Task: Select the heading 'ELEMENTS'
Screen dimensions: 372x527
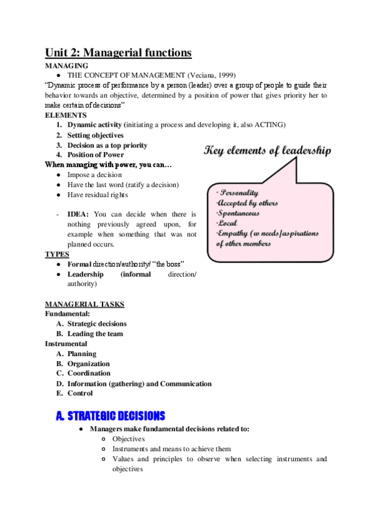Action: pyautogui.click(x=65, y=115)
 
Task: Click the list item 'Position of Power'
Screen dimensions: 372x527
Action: pyautogui.click(x=96, y=155)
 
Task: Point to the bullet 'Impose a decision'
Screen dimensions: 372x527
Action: pyautogui.click(x=94, y=175)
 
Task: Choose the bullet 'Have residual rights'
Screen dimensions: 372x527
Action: pyautogui.click(x=98, y=195)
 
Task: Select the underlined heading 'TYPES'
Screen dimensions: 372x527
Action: pyautogui.click(x=57, y=254)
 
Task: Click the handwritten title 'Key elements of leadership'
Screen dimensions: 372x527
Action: pyautogui.click(x=268, y=150)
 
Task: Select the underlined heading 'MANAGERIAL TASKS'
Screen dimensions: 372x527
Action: pyautogui.click(x=84, y=304)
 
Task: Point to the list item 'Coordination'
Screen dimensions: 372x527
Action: pyautogui.click(x=89, y=373)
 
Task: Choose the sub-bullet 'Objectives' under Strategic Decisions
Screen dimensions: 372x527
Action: pyautogui.click(x=128, y=439)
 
